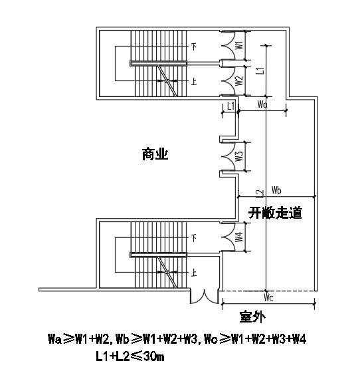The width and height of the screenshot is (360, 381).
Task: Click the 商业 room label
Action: [155, 154]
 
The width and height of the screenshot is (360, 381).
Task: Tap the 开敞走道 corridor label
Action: [275, 213]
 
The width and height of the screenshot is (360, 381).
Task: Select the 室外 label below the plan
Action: [252, 317]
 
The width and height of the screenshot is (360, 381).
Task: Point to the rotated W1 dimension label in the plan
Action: [239, 45]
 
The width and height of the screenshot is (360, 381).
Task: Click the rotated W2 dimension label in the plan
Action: [239, 80]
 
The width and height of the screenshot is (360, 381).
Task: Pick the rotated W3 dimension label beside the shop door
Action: [239, 156]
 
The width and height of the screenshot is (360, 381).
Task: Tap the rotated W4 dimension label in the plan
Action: [239, 237]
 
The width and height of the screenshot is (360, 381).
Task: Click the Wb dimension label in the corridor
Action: [276, 190]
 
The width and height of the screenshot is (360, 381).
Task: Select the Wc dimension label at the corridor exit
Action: [268, 298]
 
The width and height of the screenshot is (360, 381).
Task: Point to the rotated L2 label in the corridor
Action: [260, 193]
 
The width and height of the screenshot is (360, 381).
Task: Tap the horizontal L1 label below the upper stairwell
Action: [230, 106]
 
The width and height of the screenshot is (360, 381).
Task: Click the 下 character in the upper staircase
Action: [194, 47]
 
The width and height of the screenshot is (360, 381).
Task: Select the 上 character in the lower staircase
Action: [194, 273]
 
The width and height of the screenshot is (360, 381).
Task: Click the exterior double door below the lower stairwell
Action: [205, 296]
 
